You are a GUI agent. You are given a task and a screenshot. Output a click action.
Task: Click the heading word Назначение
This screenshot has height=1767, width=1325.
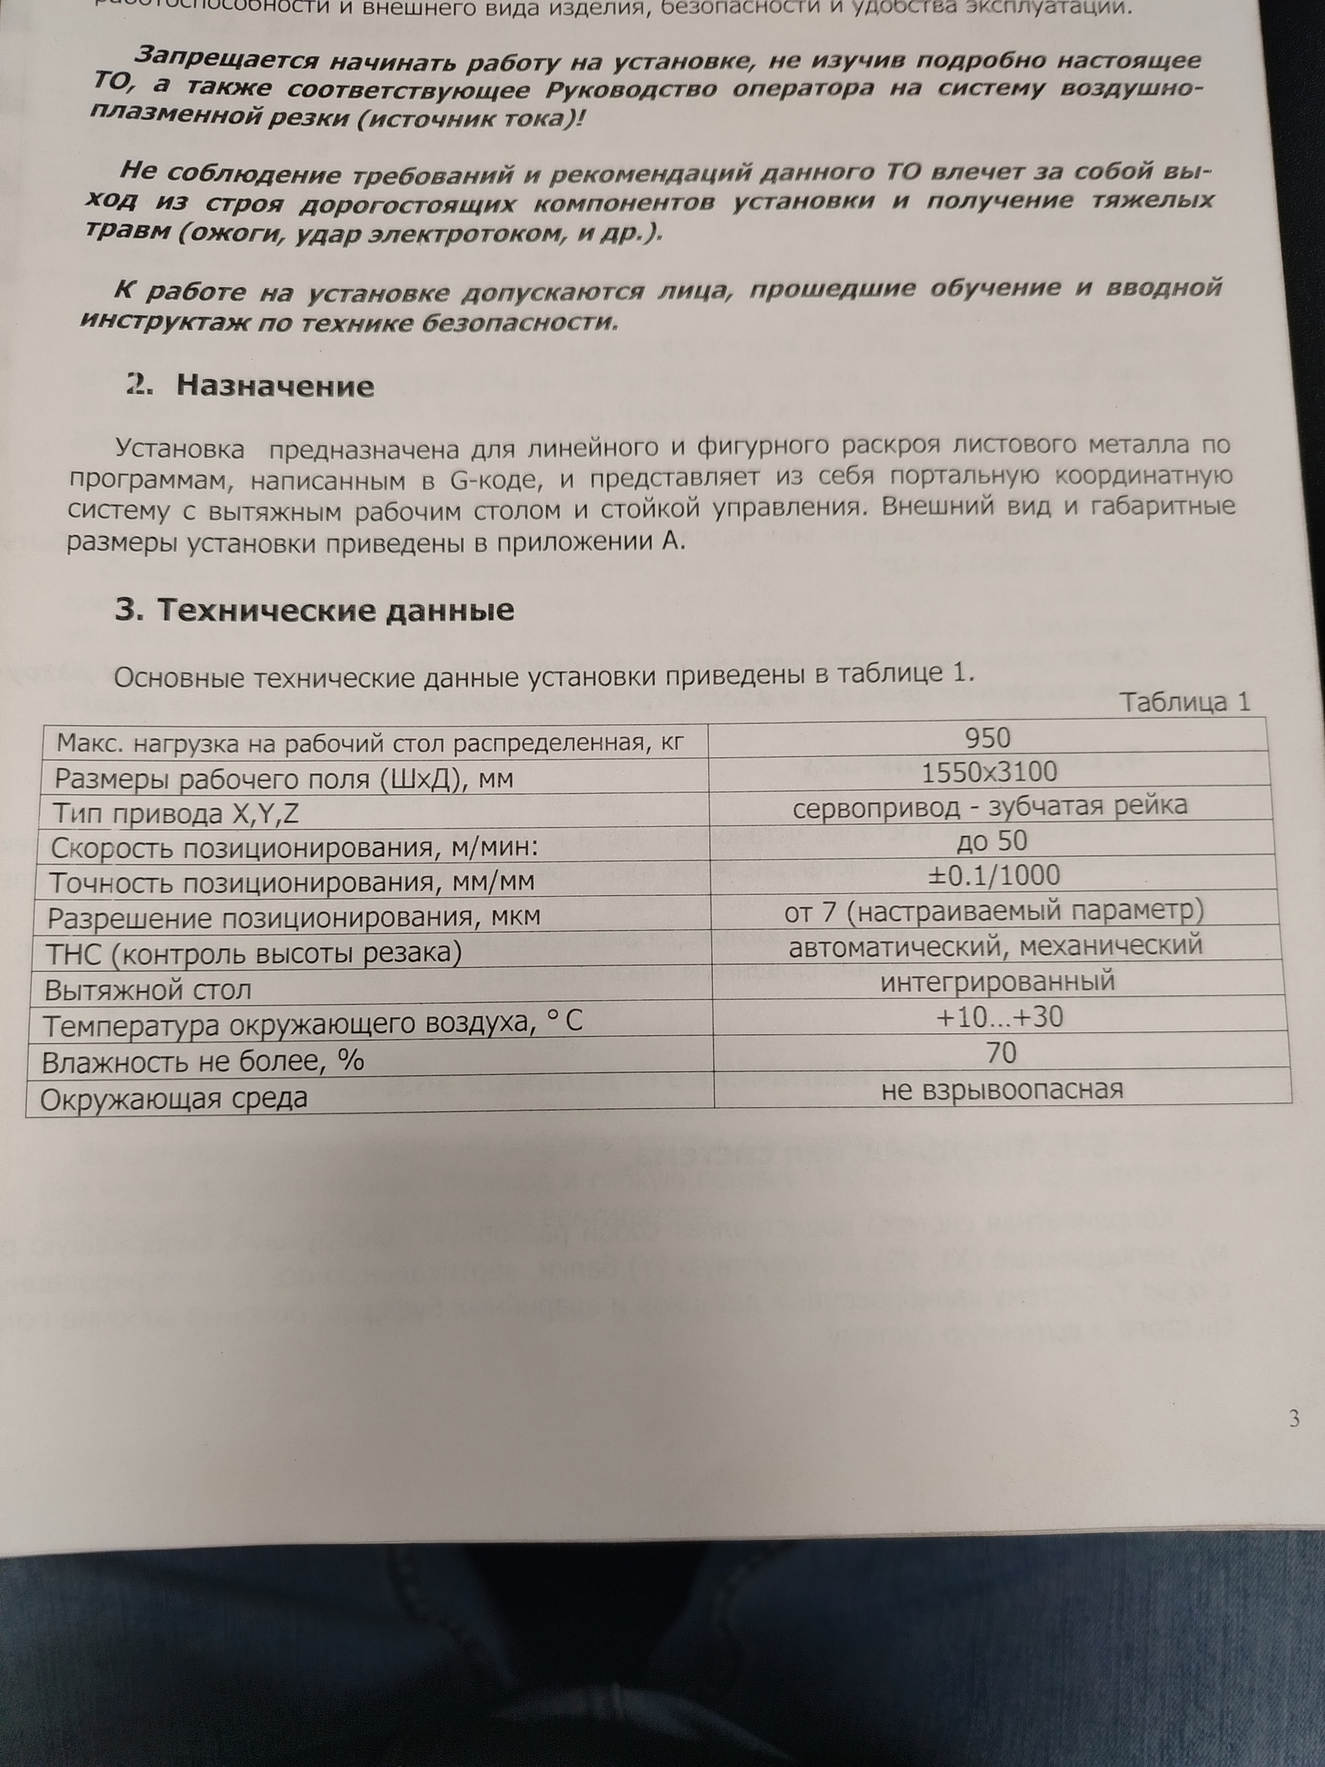point(275,387)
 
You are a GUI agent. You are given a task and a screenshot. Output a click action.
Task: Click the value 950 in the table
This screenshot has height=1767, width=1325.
point(988,737)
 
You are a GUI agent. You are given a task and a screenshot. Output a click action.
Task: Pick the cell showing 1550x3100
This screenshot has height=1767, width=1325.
point(989,772)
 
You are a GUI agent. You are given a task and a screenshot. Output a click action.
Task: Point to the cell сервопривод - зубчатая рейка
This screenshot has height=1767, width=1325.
point(990,806)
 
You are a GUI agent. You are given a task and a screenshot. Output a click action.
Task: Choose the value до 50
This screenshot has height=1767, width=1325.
point(991,841)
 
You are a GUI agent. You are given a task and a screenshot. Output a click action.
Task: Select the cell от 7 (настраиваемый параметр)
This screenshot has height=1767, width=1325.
point(994,910)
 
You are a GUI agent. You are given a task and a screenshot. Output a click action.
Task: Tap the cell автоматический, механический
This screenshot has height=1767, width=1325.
point(995,946)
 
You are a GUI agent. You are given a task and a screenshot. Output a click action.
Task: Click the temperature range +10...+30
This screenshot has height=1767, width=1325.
point(999,1017)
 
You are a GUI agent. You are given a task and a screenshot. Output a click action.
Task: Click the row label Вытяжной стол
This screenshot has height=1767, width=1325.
point(148,990)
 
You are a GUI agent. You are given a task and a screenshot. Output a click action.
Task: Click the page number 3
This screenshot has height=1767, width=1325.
point(1294,1418)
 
